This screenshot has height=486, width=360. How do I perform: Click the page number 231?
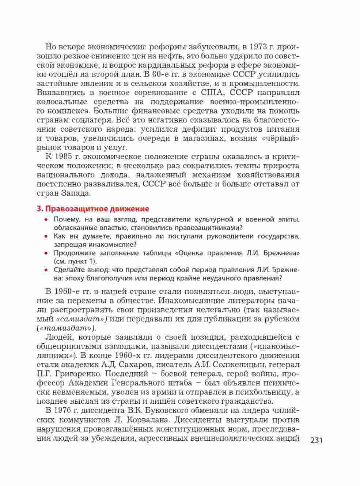pos(317,440)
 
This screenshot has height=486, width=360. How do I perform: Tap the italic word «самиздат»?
pos(83,319)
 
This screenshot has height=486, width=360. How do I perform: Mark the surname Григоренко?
pos(80,374)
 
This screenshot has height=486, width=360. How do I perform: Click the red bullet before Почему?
pos(46,220)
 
